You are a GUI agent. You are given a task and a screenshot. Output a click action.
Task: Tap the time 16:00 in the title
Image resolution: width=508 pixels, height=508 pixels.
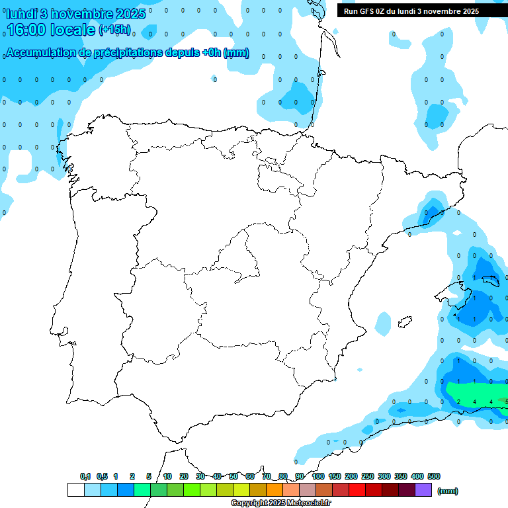point(26,30)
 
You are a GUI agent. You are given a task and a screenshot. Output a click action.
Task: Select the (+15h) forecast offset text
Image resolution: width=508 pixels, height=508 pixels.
point(114,30)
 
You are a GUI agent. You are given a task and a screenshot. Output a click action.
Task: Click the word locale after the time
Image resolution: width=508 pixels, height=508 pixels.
point(73,30)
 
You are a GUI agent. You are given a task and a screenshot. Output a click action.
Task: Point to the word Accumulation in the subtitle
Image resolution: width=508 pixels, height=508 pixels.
point(40,53)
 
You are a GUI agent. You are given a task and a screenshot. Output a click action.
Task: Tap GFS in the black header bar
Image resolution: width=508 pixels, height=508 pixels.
point(372,11)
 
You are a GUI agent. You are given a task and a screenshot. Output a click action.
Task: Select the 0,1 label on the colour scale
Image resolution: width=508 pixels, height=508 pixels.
point(85,476)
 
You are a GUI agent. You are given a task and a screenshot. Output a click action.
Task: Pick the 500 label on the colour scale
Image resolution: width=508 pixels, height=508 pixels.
point(434,476)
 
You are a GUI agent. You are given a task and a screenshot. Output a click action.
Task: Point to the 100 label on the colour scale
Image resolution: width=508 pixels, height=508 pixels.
point(318,476)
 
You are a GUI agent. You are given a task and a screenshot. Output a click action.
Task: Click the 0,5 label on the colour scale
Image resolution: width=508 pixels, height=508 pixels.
point(102,476)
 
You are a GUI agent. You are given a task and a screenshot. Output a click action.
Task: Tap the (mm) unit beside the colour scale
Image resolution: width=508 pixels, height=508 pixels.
point(448,491)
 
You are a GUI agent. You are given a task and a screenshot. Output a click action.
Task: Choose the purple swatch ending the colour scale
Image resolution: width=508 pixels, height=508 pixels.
point(423,489)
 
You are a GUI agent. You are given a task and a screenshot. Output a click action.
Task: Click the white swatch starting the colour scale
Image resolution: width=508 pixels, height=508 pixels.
point(75,489)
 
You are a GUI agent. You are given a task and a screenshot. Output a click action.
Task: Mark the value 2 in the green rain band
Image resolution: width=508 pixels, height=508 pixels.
point(458,402)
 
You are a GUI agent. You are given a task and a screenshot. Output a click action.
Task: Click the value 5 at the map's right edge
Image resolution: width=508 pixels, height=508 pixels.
point(506,402)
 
